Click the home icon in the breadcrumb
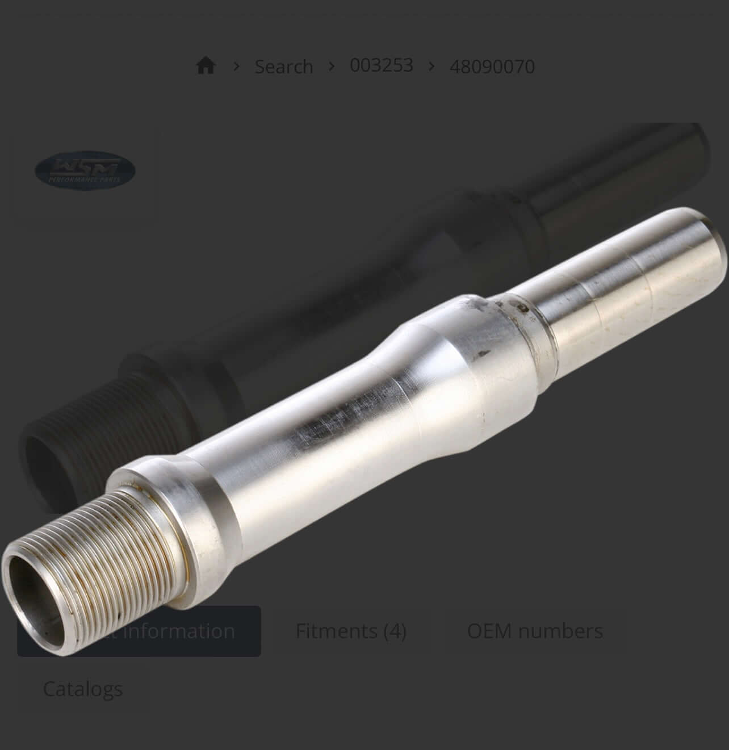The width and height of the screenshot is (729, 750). pos(206,66)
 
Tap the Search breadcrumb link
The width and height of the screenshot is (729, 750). pos(283,66)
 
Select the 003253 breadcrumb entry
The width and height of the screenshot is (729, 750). pos(381,65)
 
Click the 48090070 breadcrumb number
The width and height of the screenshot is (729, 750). pos(492,66)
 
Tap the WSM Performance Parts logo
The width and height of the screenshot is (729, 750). pos(85,170)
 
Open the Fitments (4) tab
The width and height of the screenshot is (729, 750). pos(351,631)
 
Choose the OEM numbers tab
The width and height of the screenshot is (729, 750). pos(535,631)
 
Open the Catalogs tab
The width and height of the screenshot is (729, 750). pos(83,689)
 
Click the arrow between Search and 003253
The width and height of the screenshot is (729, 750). pos(332,66)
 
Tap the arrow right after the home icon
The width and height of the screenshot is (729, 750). pos(236,66)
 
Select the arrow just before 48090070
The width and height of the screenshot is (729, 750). pos(431,66)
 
